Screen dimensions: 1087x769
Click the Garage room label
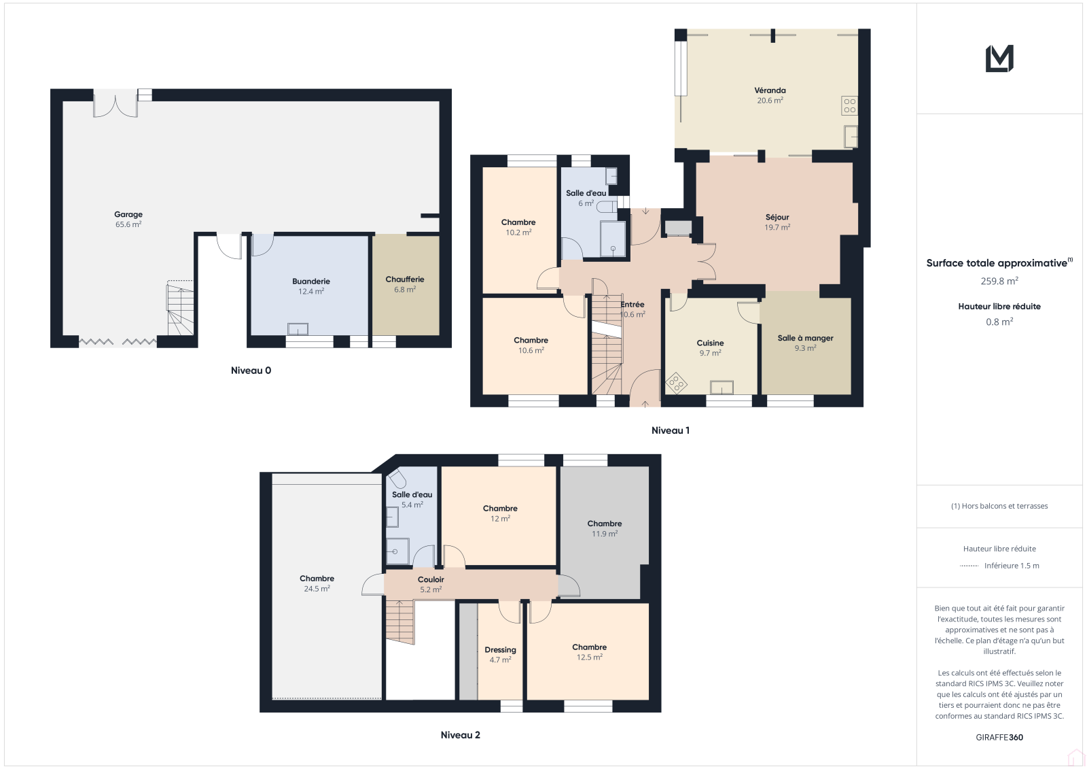(128, 214)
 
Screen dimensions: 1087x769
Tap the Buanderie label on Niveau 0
(311, 281)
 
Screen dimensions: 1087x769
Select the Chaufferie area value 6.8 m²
(405, 290)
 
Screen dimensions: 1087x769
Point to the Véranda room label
(770, 90)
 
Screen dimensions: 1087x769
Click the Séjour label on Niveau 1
(777, 217)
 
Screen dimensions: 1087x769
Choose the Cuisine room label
(710, 343)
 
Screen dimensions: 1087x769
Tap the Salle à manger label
(805, 338)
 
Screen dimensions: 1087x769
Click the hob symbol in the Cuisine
(676, 383)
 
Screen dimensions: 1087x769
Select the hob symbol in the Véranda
(849, 106)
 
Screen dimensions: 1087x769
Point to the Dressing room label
(500, 650)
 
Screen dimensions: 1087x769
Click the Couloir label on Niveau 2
(431, 579)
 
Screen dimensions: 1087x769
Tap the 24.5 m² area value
(317, 589)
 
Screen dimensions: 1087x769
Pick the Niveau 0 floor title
(251, 371)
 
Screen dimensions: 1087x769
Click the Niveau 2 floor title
(461, 735)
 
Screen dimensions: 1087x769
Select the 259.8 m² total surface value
(999, 281)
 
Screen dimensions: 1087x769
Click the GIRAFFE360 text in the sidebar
(999, 737)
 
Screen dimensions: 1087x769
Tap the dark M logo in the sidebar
(999, 58)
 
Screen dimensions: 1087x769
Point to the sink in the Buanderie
(298, 329)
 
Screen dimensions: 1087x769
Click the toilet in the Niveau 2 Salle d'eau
(397, 479)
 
